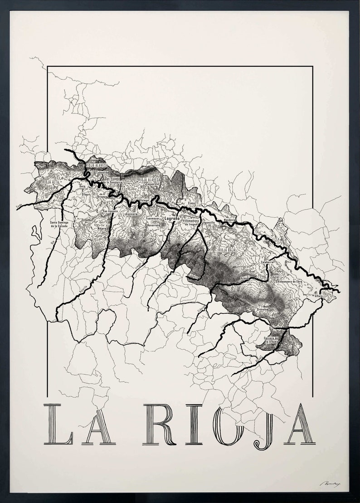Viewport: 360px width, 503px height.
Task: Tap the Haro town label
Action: point(83,186)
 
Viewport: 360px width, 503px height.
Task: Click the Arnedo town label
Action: point(245,278)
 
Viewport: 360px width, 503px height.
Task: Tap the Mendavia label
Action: point(231,220)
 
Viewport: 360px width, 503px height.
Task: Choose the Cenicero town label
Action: point(131,214)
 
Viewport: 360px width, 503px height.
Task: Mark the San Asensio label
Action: point(110,211)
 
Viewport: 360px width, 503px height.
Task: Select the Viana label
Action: point(191,204)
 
